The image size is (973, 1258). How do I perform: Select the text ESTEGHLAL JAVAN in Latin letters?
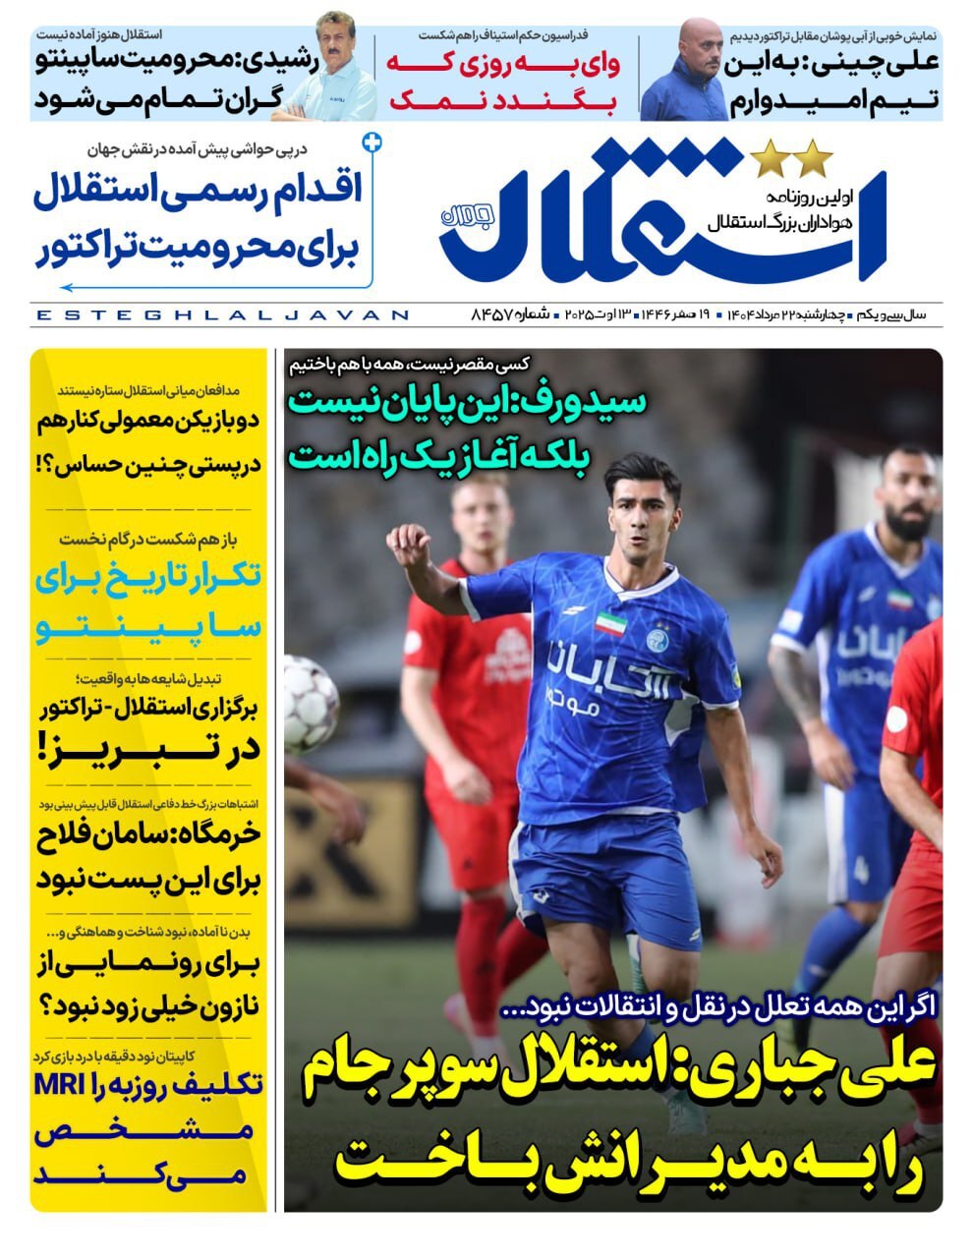221,315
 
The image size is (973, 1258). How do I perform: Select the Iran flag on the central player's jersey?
609,623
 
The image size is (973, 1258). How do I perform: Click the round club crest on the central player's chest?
658,639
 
